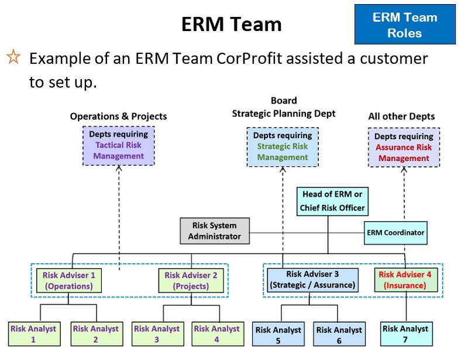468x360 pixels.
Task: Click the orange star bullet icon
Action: pos(13,57)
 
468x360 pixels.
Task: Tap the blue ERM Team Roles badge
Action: pos(405,25)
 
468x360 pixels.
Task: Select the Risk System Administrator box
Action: pos(215,231)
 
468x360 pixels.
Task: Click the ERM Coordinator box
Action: pos(395,233)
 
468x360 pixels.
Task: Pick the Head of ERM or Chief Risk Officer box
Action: pos(332,201)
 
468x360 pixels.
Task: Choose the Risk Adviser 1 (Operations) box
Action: pos(69,280)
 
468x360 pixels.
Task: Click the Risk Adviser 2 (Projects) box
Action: pos(191,280)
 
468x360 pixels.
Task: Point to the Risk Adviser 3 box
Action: pos(312,280)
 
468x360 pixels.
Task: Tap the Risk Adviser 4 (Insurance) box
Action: pos(406,280)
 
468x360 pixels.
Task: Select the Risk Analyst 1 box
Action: pos(35,334)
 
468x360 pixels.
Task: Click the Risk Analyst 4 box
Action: pos(218,334)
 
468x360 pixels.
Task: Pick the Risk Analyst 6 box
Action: pos(339,334)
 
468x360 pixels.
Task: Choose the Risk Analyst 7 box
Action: pos(406,334)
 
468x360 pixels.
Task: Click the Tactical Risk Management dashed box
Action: pos(119,146)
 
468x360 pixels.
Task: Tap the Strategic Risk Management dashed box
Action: pos(283,147)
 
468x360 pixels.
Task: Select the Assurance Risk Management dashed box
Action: pos(404,148)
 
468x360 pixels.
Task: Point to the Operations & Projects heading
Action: pos(119,116)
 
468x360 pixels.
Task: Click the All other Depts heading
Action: pos(401,116)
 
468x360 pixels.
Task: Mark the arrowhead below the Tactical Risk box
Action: pos(119,168)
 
